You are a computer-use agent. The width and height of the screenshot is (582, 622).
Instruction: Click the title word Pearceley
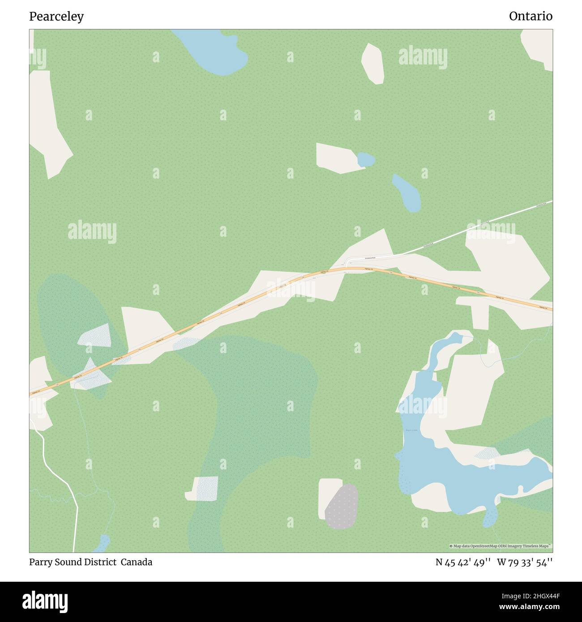click(x=56, y=17)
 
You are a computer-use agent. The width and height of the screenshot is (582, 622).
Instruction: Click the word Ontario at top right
click(x=531, y=16)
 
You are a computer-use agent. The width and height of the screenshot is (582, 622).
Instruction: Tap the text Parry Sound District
click(x=72, y=562)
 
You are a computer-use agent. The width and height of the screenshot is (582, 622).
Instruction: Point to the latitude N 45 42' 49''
click(x=463, y=562)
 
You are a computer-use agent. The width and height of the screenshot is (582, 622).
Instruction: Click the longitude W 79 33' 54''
click(x=524, y=562)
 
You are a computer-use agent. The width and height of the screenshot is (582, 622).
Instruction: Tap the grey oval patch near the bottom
click(x=342, y=506)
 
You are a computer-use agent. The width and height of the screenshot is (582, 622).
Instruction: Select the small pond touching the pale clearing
click(x=365, y=159)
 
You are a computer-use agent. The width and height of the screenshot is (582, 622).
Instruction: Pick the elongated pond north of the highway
click(x=407, y=193)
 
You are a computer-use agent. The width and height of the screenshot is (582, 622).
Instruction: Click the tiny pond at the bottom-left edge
click(x=102, y=543)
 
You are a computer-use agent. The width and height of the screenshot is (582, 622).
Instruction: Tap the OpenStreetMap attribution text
click(x=500, y=546)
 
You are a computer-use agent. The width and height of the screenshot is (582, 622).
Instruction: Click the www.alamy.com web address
click(x=526, y=607)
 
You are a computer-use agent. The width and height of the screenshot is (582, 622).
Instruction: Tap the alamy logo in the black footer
click(x=45, y=601)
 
